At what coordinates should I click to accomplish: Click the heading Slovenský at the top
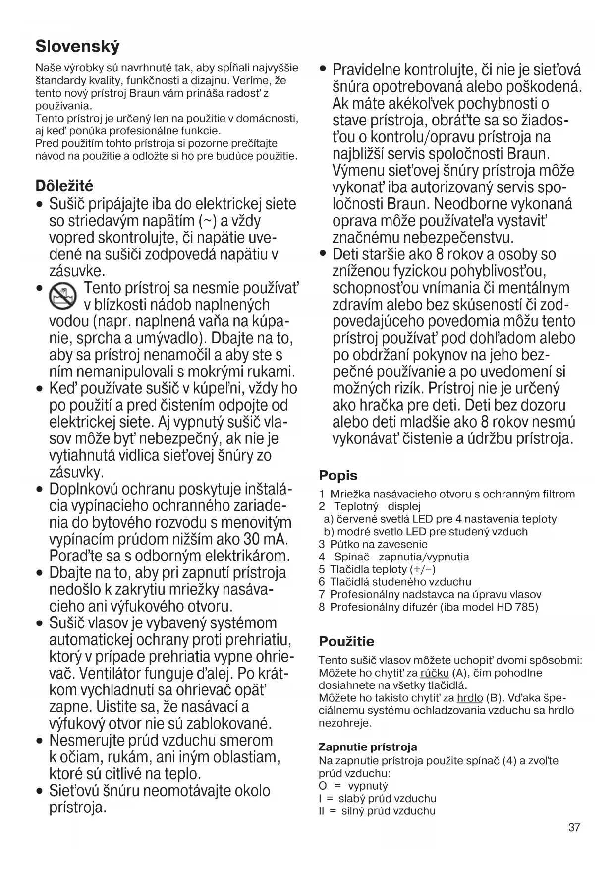point(77,47)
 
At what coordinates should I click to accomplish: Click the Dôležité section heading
point(64,186)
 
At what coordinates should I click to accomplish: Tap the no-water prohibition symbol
point(62,297)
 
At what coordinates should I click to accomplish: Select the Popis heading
point(338,475)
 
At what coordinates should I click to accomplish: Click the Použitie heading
point(346,641)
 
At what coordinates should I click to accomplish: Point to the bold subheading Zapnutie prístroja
point(368,747)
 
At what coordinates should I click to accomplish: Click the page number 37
point(574,827)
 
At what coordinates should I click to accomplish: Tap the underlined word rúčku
point(434,673)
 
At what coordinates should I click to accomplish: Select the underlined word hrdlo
point(470,698)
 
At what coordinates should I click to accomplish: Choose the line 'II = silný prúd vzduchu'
point(377,811)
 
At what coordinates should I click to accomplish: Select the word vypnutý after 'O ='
point(368,786)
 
